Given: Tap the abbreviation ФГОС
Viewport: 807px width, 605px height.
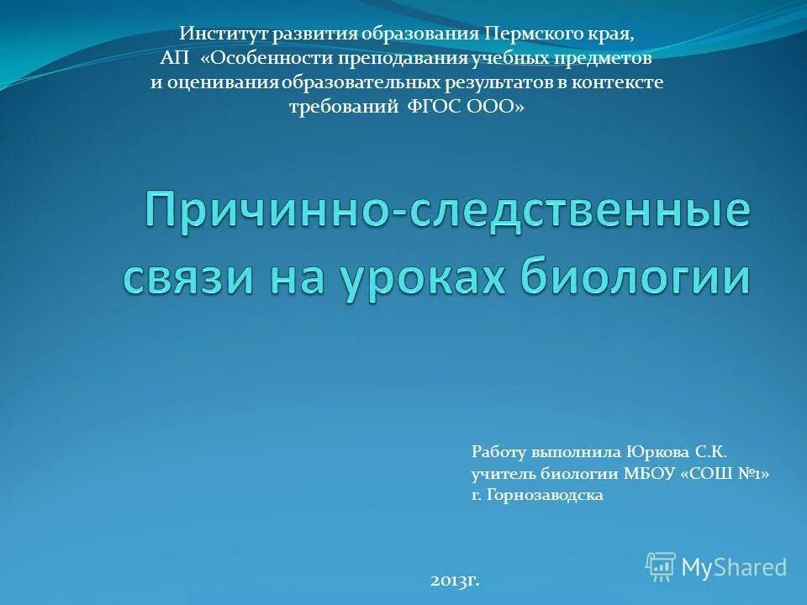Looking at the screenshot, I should click(435, 107).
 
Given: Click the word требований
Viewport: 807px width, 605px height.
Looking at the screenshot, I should click(343, 107).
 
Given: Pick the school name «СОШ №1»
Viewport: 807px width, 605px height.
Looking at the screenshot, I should click(725, 474).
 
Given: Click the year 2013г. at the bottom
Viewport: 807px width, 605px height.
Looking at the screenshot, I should click(455, 580).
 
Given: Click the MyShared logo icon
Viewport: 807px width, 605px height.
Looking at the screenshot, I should click(661, 566).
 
